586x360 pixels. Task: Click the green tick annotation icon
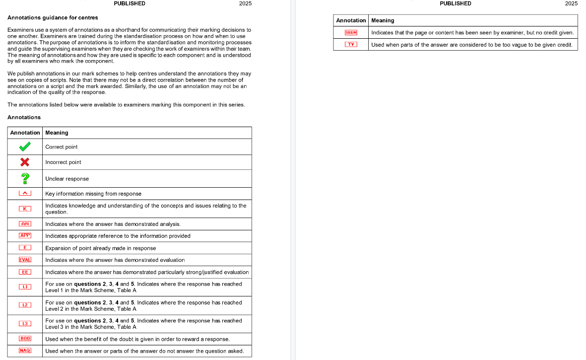(24, 146)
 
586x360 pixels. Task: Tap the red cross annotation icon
(24, 162)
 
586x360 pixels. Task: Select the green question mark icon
(25, 178)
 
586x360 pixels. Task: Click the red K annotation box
(25, 209)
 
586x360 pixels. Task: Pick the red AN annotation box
(25, 224)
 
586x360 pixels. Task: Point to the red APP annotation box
(25, 235)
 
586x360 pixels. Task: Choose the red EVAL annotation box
(25, 260)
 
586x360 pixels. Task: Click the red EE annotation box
(25, 272)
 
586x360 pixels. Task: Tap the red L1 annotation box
(25, 287)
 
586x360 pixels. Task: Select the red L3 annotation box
(25, 324)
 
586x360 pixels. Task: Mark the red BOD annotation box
(25, 339)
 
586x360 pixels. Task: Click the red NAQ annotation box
(25, 351)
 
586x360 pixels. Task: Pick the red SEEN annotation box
(351, 33)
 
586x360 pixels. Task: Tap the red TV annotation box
(351, 45)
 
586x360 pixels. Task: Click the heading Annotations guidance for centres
(53, 18)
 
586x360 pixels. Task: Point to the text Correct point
(62, 147)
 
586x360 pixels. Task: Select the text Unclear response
(67, 179)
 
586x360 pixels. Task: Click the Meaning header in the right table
(383, 20)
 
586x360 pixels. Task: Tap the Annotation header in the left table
(25, 133)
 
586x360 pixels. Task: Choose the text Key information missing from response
(93, 194)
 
